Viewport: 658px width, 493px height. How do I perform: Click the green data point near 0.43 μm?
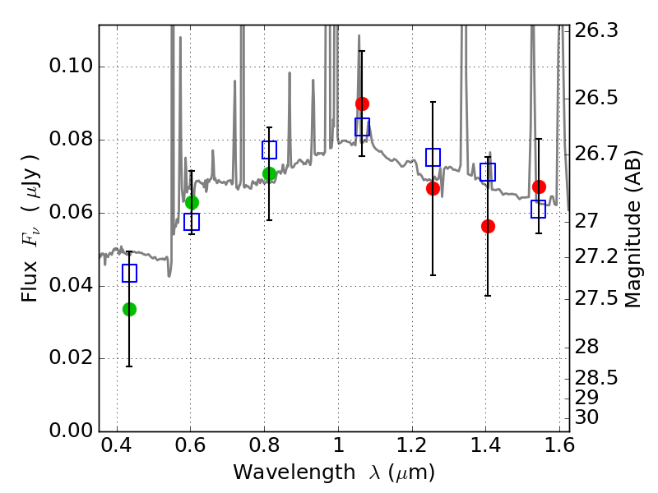pos(129,309)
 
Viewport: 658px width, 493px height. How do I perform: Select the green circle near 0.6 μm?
pos(192,202)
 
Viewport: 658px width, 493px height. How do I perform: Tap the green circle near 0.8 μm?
pos(269,173)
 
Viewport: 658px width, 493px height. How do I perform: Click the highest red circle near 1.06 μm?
pos(362,104)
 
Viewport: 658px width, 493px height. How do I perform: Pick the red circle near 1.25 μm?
pos(433,188)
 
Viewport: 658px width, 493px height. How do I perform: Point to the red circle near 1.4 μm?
pos(488,226)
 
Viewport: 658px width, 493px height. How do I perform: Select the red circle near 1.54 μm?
pos(539,187)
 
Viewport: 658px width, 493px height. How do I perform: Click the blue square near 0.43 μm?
pos(129,274)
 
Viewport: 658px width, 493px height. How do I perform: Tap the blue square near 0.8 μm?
pos(269,150)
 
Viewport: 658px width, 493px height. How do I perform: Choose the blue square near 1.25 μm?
pos(433,157)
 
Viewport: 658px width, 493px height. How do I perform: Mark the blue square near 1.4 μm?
pos(488,172)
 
